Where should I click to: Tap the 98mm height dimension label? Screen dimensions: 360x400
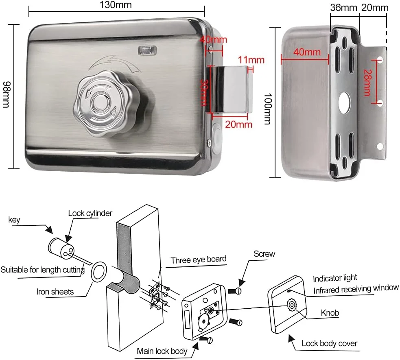[6, 94]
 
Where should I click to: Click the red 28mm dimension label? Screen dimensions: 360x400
[367, 83]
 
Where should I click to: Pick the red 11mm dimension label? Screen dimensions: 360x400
[251, 60]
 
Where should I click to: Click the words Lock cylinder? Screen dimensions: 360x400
[90, 213]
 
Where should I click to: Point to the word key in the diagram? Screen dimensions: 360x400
[14, 220]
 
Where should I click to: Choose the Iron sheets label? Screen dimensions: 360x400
[55, 291]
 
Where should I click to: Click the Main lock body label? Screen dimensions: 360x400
[162, 351]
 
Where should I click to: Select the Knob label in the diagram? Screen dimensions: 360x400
[330, 313]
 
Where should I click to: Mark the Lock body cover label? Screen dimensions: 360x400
[329, 343]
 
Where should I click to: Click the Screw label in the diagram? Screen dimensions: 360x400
[264, 254]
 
